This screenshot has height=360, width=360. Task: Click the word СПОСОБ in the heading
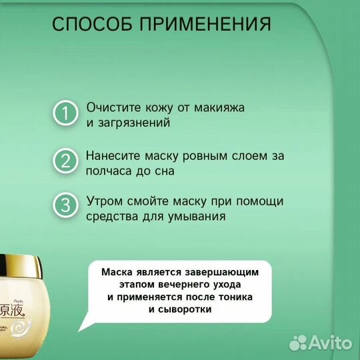pos(93,25)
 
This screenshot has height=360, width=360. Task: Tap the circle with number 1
pos(66,113)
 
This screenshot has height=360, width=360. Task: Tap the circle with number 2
pos(66,161)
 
